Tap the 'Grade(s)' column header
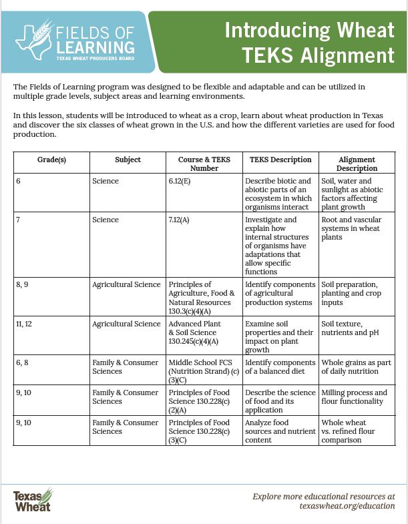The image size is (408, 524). (51, 160)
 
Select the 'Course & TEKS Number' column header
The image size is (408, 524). (204, 164)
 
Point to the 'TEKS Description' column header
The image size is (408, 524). (280, 160)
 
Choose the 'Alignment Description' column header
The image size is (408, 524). (357, 164)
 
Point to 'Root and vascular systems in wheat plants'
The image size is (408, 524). (357, 228)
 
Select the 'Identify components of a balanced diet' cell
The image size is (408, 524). (280, 367)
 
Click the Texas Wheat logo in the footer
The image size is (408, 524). (33, 500)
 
